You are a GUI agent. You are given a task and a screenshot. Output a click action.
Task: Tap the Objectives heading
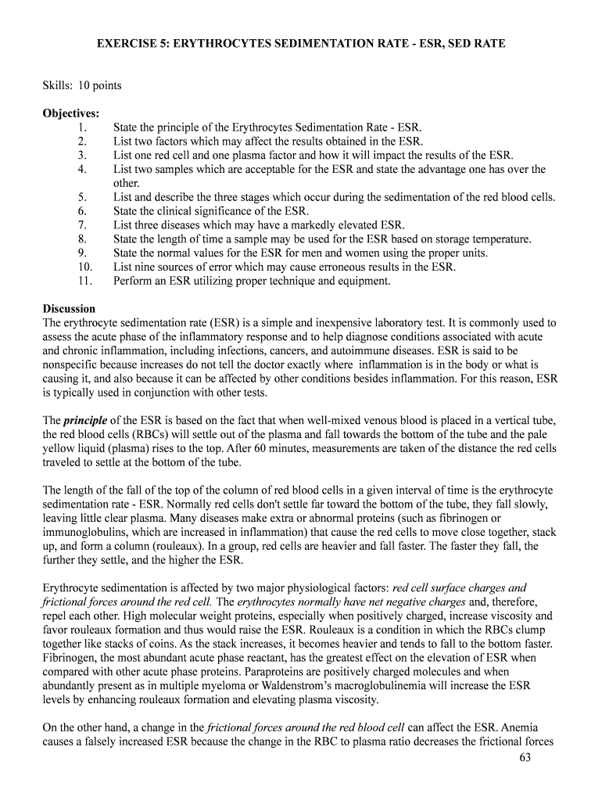click(70, 113)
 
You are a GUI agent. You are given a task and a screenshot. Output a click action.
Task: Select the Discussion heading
click(69, 308)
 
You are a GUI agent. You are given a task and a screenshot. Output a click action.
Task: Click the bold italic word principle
click(86, 421)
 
